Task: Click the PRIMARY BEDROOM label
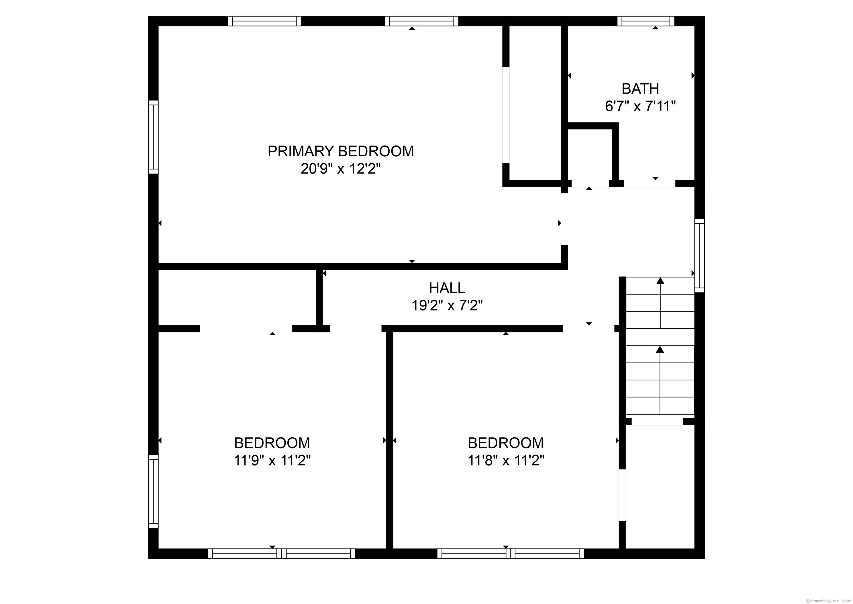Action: click(341, 151)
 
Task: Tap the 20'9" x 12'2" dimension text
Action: click(341, 169)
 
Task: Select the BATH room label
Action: click(640, 89)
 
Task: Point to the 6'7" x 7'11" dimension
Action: click(640, 107)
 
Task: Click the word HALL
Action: click(447, 288)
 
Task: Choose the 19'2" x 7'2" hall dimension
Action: click(447, 306)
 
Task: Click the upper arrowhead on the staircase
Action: click(660, 281)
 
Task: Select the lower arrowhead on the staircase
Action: click(660, 349)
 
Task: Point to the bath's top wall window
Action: click(646, 21)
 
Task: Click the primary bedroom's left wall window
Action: click(154, 137)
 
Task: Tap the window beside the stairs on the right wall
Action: click(699, 255)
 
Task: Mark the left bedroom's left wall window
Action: click(154, 491)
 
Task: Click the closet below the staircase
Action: click(660, 487)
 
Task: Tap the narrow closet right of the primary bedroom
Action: click(535, 103)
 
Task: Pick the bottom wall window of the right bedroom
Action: click(510, 554)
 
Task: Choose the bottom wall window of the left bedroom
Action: click(282, 554)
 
